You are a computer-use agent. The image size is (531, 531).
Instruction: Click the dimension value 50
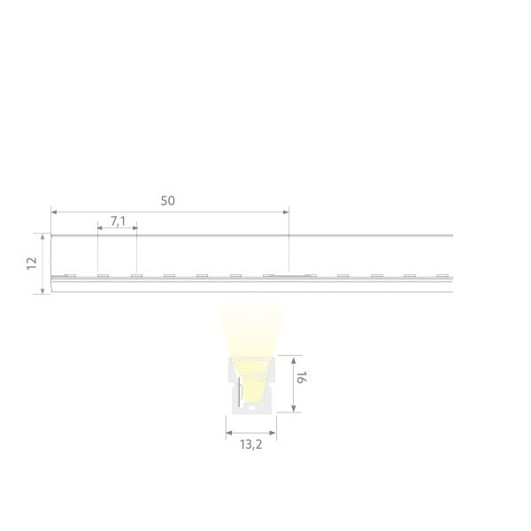[x=167, y=201]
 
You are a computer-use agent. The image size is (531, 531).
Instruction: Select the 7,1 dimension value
[x=118, y=221]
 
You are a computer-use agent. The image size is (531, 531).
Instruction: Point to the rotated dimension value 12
[x=32, y=263]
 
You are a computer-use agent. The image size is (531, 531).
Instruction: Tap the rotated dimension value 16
[x=301, y=377]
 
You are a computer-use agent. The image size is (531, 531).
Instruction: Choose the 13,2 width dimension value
[x=251, y=444]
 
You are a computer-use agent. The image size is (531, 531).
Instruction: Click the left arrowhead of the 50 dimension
[x=54, y=212]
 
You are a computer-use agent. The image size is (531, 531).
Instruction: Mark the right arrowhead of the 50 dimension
[x=286, y=212]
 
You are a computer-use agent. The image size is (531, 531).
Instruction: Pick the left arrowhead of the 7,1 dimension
[x=100, y=228]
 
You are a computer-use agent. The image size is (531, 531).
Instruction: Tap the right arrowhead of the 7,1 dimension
[x=135, y=228]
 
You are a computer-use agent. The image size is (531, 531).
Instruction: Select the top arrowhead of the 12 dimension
[x=42, y=237]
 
